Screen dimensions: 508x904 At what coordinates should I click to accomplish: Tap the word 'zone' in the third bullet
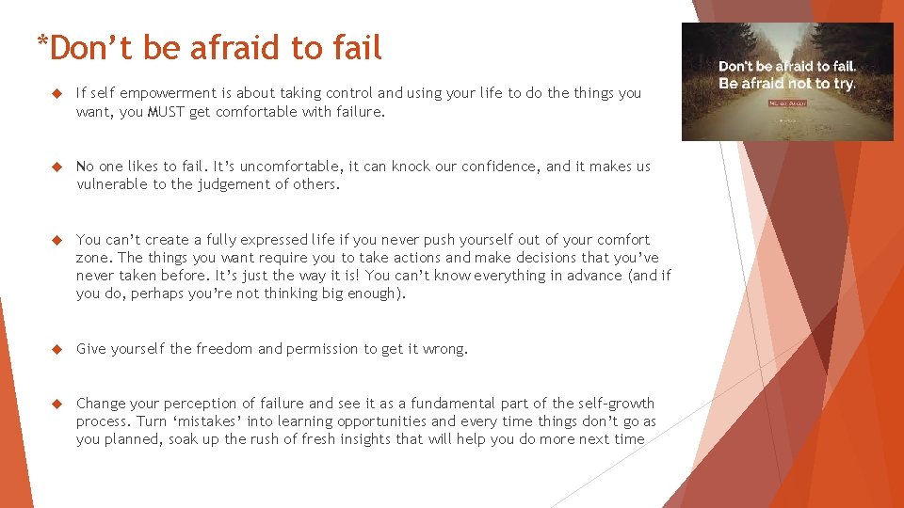pyautogui.click(x=92, y=258)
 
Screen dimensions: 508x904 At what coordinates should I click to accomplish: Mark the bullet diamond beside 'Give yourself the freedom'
pyautogui.click(x=56, y=349)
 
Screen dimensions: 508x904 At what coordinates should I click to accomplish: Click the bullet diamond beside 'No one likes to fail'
pyautogui.click(x=56, y=167)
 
